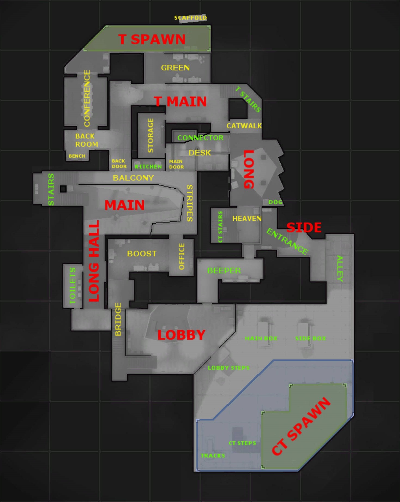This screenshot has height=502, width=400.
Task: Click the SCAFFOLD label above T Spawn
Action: pos(190,18)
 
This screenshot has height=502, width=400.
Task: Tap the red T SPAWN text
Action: pos(152,40)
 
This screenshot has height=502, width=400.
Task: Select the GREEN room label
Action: pos(175,68)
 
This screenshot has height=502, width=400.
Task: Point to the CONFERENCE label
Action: pos(87,98)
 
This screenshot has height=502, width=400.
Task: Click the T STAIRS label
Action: pos(248,99)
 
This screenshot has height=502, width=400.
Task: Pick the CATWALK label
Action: pos(244,126)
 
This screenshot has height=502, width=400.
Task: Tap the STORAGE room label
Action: pos(151,135)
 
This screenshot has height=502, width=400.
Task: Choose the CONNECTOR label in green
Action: pos(200,138)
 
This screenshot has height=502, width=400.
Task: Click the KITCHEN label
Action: pos(148,166)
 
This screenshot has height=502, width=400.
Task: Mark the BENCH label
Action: pos(77,156)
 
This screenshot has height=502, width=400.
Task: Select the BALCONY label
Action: pos(133,178)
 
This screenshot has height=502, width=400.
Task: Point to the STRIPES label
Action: pos(190,203)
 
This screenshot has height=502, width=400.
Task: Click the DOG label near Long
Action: pos(275,202)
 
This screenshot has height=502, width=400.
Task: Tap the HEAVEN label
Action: pos(247,218)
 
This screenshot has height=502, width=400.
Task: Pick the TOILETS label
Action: pos(73,285)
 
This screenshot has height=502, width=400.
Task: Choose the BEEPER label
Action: pos(224,270)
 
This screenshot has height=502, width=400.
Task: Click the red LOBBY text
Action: pos(181,335)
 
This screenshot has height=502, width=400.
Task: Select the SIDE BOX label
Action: pos(311,338)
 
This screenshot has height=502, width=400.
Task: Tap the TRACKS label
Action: pos(213,456)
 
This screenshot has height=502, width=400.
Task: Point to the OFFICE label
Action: pos(182,256)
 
